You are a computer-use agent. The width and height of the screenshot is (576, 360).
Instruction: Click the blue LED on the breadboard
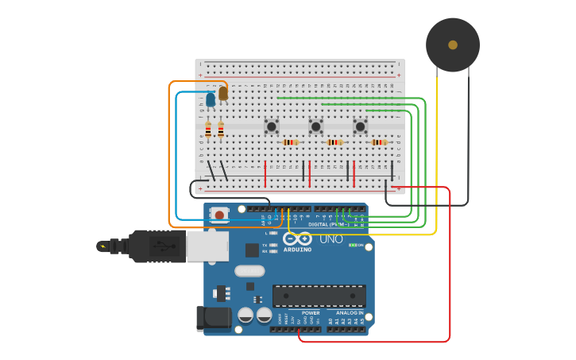[x=211, y=100]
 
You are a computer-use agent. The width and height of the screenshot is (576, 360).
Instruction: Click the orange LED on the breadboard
[x=223, y=93]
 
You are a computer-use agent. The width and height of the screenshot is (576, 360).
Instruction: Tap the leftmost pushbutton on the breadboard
[x=272, y=126]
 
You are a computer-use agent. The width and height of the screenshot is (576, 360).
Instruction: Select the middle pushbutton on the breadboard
[x=315, y=126]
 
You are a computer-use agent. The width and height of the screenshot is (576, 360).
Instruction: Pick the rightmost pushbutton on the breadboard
[x=360, y=126]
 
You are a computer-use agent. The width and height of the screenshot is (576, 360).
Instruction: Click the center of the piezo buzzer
[x=453, y=45]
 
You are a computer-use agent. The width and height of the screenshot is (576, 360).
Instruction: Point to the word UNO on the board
[x=331, y=239]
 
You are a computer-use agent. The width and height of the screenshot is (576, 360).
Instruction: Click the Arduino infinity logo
[x=297, y=238]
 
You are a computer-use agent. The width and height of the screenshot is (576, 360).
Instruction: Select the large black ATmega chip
[x=319, y=296]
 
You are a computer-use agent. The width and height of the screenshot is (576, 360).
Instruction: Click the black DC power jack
[x=213, y=318]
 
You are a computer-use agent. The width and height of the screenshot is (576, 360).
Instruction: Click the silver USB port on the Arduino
[x=207, y=246]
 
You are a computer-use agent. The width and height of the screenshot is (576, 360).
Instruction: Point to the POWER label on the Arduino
[x=311, y=312]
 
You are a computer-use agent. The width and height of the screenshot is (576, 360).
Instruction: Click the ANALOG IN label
[x=350, y=312]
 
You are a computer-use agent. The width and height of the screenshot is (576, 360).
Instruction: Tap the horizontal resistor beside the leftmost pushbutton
[x=291, y=142]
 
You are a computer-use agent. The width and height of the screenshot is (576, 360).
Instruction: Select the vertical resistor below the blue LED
[x=208, y=130]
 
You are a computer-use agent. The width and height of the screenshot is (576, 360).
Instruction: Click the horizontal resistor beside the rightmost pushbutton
[x=379, y=142]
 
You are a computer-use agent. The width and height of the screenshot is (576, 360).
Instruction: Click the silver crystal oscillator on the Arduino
[x=249, y=271]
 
